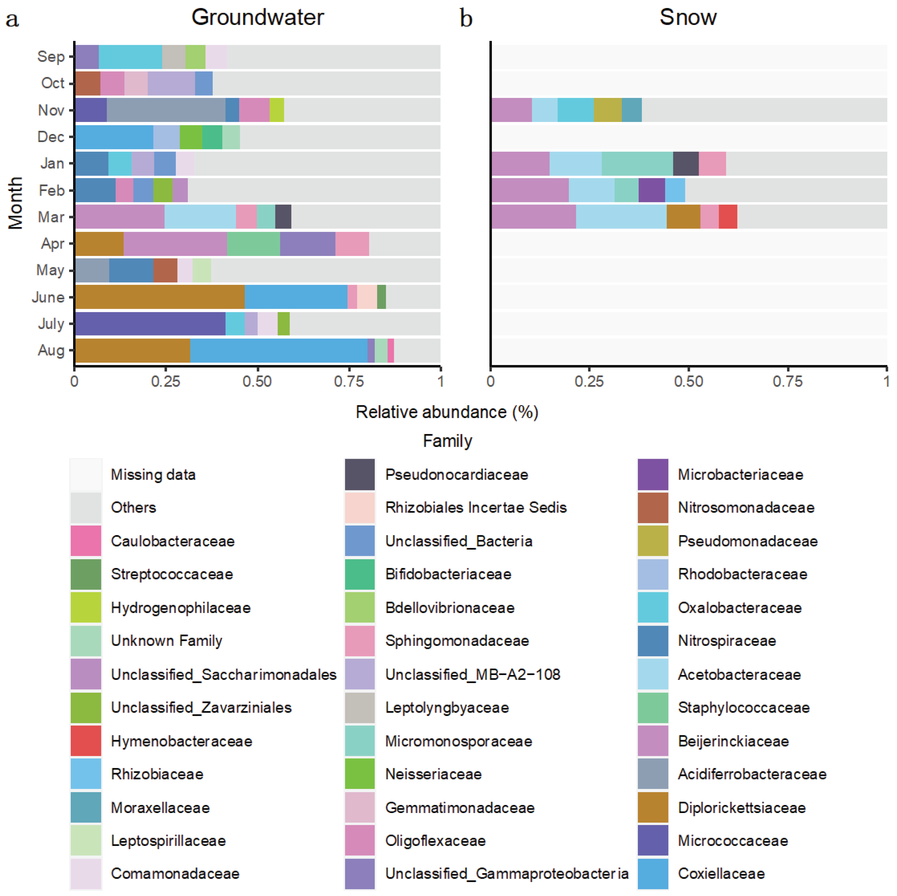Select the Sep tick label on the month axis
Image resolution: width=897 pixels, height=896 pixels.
(51, 57)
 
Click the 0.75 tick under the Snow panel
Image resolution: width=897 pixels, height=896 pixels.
(787, 382)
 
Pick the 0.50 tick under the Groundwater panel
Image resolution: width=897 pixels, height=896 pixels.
(257, 382)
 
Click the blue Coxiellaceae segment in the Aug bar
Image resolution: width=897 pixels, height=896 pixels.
(279, 350)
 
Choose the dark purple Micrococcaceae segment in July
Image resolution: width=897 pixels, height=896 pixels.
(150, 323)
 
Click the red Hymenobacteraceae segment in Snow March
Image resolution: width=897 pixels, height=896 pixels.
(728, 217)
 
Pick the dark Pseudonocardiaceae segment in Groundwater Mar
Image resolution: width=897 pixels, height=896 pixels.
(283, 217)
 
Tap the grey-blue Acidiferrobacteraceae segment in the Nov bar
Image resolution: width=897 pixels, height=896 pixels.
(166, 110)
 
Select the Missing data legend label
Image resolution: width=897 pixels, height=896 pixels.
(153, 475)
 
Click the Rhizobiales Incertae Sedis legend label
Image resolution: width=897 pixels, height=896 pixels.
(476, 507)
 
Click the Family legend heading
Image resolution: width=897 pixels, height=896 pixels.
(447, 441)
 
